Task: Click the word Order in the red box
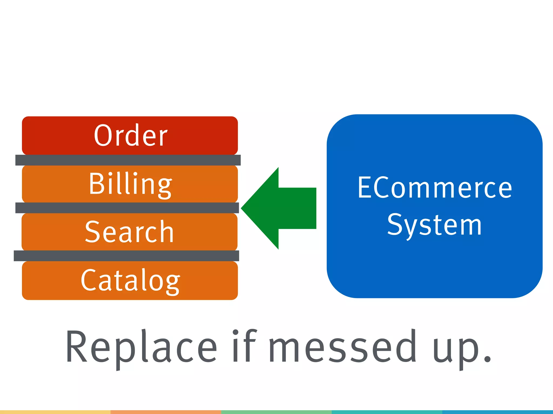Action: click(131, 135)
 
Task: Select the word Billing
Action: click(130, 184)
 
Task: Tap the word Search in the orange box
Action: click(129, 232)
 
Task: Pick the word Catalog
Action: click(130, 281)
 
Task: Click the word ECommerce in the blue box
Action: click(434, 188)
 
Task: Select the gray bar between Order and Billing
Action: click(128, 160)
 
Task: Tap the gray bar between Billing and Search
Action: click(127, 208)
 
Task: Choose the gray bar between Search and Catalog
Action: click(126, 256)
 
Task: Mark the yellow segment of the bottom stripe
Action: click(55, 412)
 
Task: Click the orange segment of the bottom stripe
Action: click(166, 412)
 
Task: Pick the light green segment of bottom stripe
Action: click(276, 412)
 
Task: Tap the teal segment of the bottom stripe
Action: click(387, 412)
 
